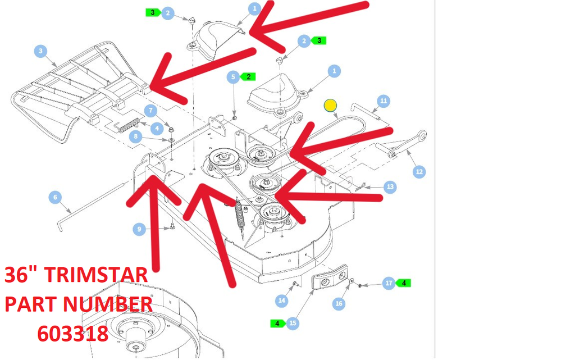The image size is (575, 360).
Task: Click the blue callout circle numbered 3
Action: (40, 51)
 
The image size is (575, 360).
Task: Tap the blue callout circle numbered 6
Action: (56, 197)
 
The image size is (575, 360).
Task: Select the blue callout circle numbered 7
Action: (150, 110)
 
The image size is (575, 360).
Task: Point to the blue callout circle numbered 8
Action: (136, 136)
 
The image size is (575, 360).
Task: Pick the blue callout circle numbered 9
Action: (139, 230)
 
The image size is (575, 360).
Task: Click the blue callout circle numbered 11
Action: (383, 101)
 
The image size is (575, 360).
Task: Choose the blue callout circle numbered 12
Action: (419, 171)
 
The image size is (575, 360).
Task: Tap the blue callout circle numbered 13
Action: (390, 187)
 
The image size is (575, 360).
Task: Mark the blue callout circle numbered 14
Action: (282, 300)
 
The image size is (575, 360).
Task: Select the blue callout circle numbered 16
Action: (339, 303)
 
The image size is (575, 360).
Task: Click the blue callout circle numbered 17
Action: (389, 283)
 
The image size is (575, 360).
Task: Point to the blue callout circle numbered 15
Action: (292, 323)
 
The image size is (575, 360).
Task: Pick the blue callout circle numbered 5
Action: (233, 77)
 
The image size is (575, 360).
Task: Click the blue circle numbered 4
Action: (157, 128)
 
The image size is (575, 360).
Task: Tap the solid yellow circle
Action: (330, 106)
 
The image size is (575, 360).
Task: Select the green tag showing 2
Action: (248, 76)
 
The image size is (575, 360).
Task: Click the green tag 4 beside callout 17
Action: (403, 283)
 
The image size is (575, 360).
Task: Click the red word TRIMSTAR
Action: (98, 275)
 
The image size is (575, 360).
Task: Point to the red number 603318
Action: (72, 334)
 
